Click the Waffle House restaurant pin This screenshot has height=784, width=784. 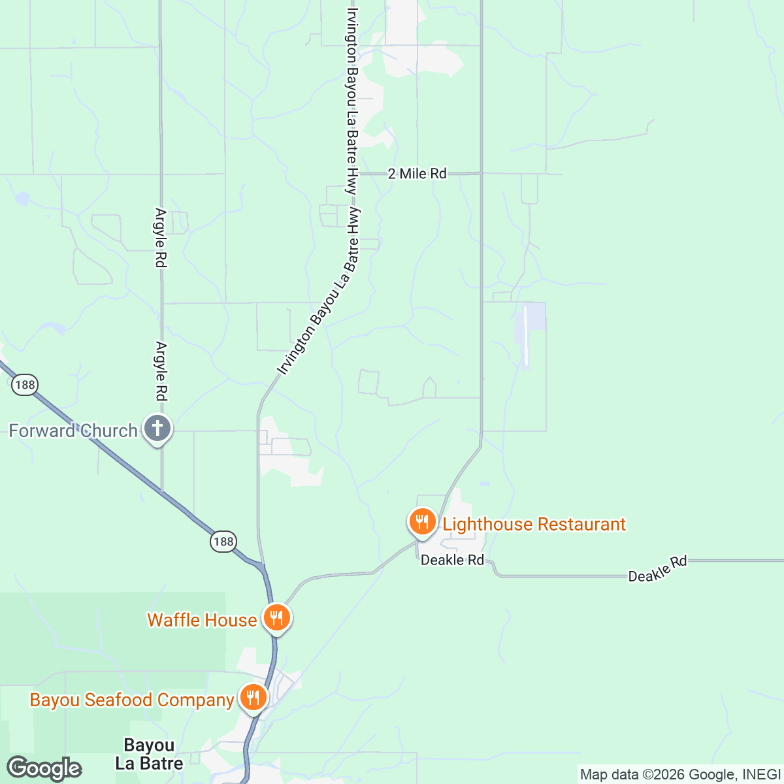tap(277, 617)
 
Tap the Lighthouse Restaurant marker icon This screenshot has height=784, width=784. tap(423, 522)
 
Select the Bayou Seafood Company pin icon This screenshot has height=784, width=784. tap(252, 698)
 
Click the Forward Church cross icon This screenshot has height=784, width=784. tap(157, 429)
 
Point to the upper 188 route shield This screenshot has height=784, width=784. tap(25, 385)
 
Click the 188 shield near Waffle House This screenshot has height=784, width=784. tap(223, 542)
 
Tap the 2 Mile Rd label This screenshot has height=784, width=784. tap(417, 174)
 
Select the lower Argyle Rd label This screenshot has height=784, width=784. tap(161, 371)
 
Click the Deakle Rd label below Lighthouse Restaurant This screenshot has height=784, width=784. tap(452, 561)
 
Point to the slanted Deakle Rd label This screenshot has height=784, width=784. tap(657, 569)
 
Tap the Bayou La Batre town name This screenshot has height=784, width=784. tap(149, 754)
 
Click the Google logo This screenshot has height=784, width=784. tap(44, 768)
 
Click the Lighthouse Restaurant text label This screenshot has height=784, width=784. tap(534, 524)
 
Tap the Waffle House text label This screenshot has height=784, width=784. tap(202, 620)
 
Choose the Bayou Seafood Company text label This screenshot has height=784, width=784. tap(131, 700)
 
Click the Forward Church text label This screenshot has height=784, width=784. tap(73, 431)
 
